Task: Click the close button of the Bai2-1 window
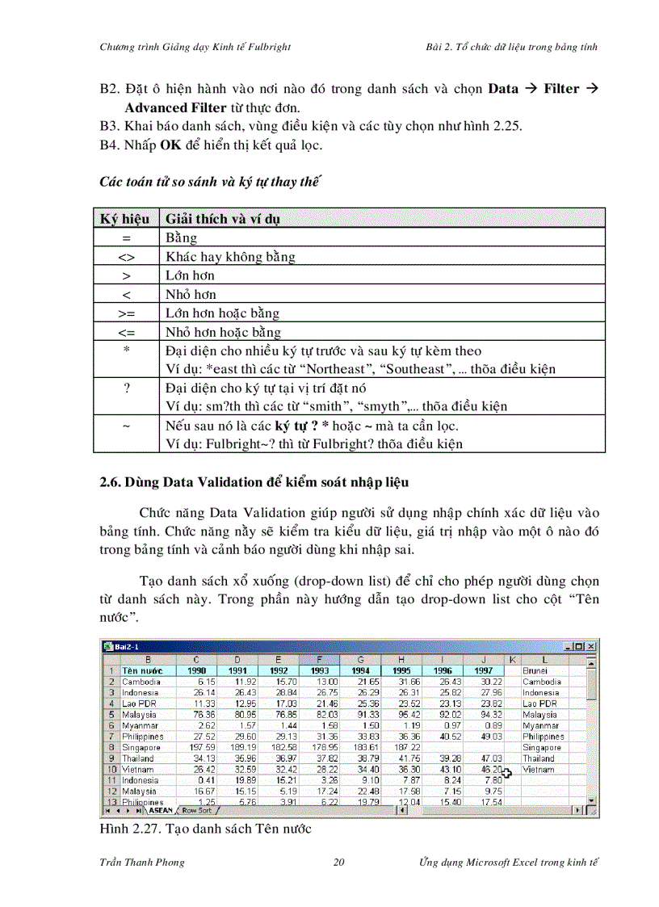tap(591, 646)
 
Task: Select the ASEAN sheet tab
tap(161, 809)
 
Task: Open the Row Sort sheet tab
tap(197, 809)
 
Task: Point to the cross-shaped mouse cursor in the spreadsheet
tap(506, 782)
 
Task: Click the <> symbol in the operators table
tap(126, 257)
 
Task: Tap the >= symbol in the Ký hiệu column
tap(126, 313)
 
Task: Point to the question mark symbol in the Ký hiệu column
tap(127, 388)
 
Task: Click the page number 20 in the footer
tap(339, 863)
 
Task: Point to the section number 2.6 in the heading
tap(109, 482)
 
